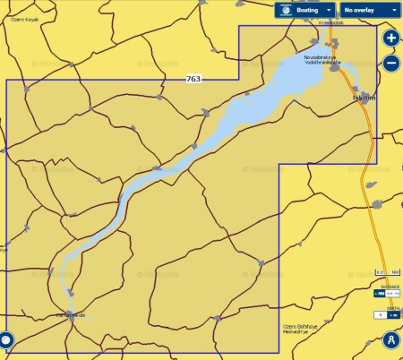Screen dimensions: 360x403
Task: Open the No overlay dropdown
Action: (x=370, y=10)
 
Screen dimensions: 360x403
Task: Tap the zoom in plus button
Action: (x=390, y=39)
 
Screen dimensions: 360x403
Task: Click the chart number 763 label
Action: (x=193, y=80)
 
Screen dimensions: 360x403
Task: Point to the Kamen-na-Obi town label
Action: (x=69, y=315)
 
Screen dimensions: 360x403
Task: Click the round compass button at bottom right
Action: (x=390, y=340)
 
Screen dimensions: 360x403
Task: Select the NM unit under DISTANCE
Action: (x=379, y=293)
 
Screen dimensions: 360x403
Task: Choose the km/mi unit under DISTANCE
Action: (x=393, y=293)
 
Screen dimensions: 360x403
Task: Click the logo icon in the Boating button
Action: (x=285, y=10)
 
